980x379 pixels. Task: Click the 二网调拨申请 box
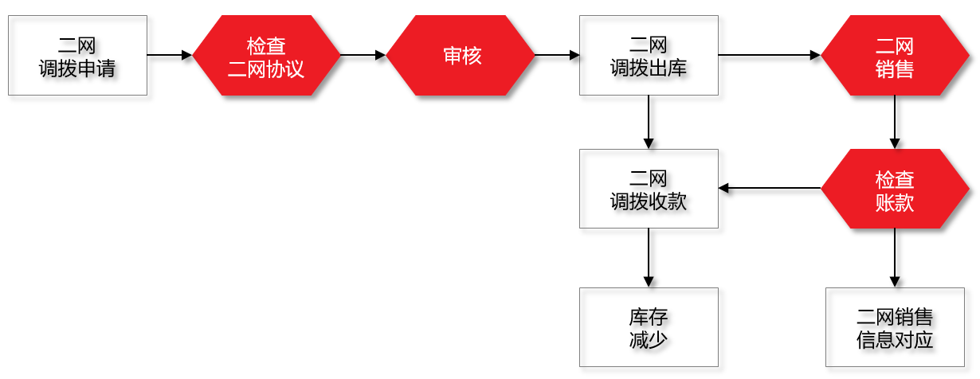pyautogui.click(x=77, y=55)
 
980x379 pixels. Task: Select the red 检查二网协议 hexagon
pyautogui.click(x=266, y=55)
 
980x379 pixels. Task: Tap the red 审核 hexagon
pyautogui.click(x=461, y=55)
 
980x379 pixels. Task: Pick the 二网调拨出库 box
pyautogui.click(x=649, y=55)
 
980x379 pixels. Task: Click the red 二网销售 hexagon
pyautogui.click(x=894, y=55)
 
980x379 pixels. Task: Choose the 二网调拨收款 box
pyautogui.click(x=649, y=189)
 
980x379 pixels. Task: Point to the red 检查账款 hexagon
pyautogui.click(x=894, y=189)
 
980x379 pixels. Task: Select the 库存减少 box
pyautogui.click(x=649, y=327)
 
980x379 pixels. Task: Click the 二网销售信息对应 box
pyautogui.click(x=894, y=327)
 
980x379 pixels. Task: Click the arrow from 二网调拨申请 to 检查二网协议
pyautogui.click(x=171, y=55)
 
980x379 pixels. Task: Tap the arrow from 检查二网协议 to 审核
pyautogui.click(x=363, y=55)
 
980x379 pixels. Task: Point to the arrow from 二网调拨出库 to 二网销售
pyautogui.click(x=769, y=55)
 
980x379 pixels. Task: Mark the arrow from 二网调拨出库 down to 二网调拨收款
pyautogui.click(x=649, y=122)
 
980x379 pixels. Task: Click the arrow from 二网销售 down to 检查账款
pyautogui.click(x=894, y=122)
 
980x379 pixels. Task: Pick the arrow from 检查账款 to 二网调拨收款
pyautogui.click(x=770, y=189)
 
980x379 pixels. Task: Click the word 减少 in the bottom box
pyautogui.click(x=649, y=339)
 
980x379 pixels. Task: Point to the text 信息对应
pyautogui.click(x=894, y=340)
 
